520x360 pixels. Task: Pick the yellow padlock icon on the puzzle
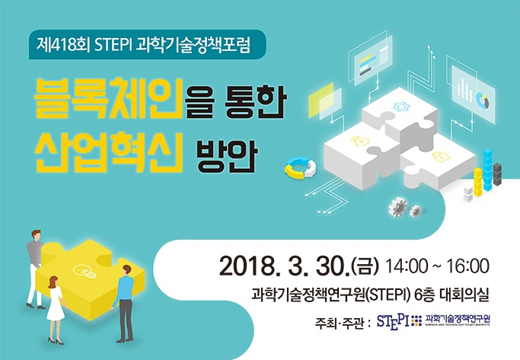439,156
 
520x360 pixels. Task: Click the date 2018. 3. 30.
285,266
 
